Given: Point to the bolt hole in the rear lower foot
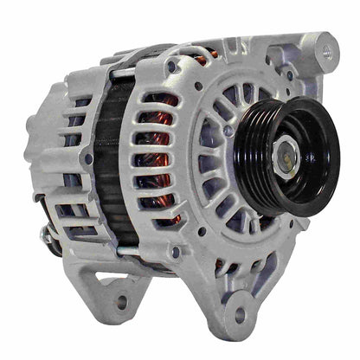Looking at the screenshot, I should point(122,301).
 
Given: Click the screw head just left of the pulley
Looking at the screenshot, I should point(228,131).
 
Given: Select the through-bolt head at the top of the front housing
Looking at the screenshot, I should point(174,66).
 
